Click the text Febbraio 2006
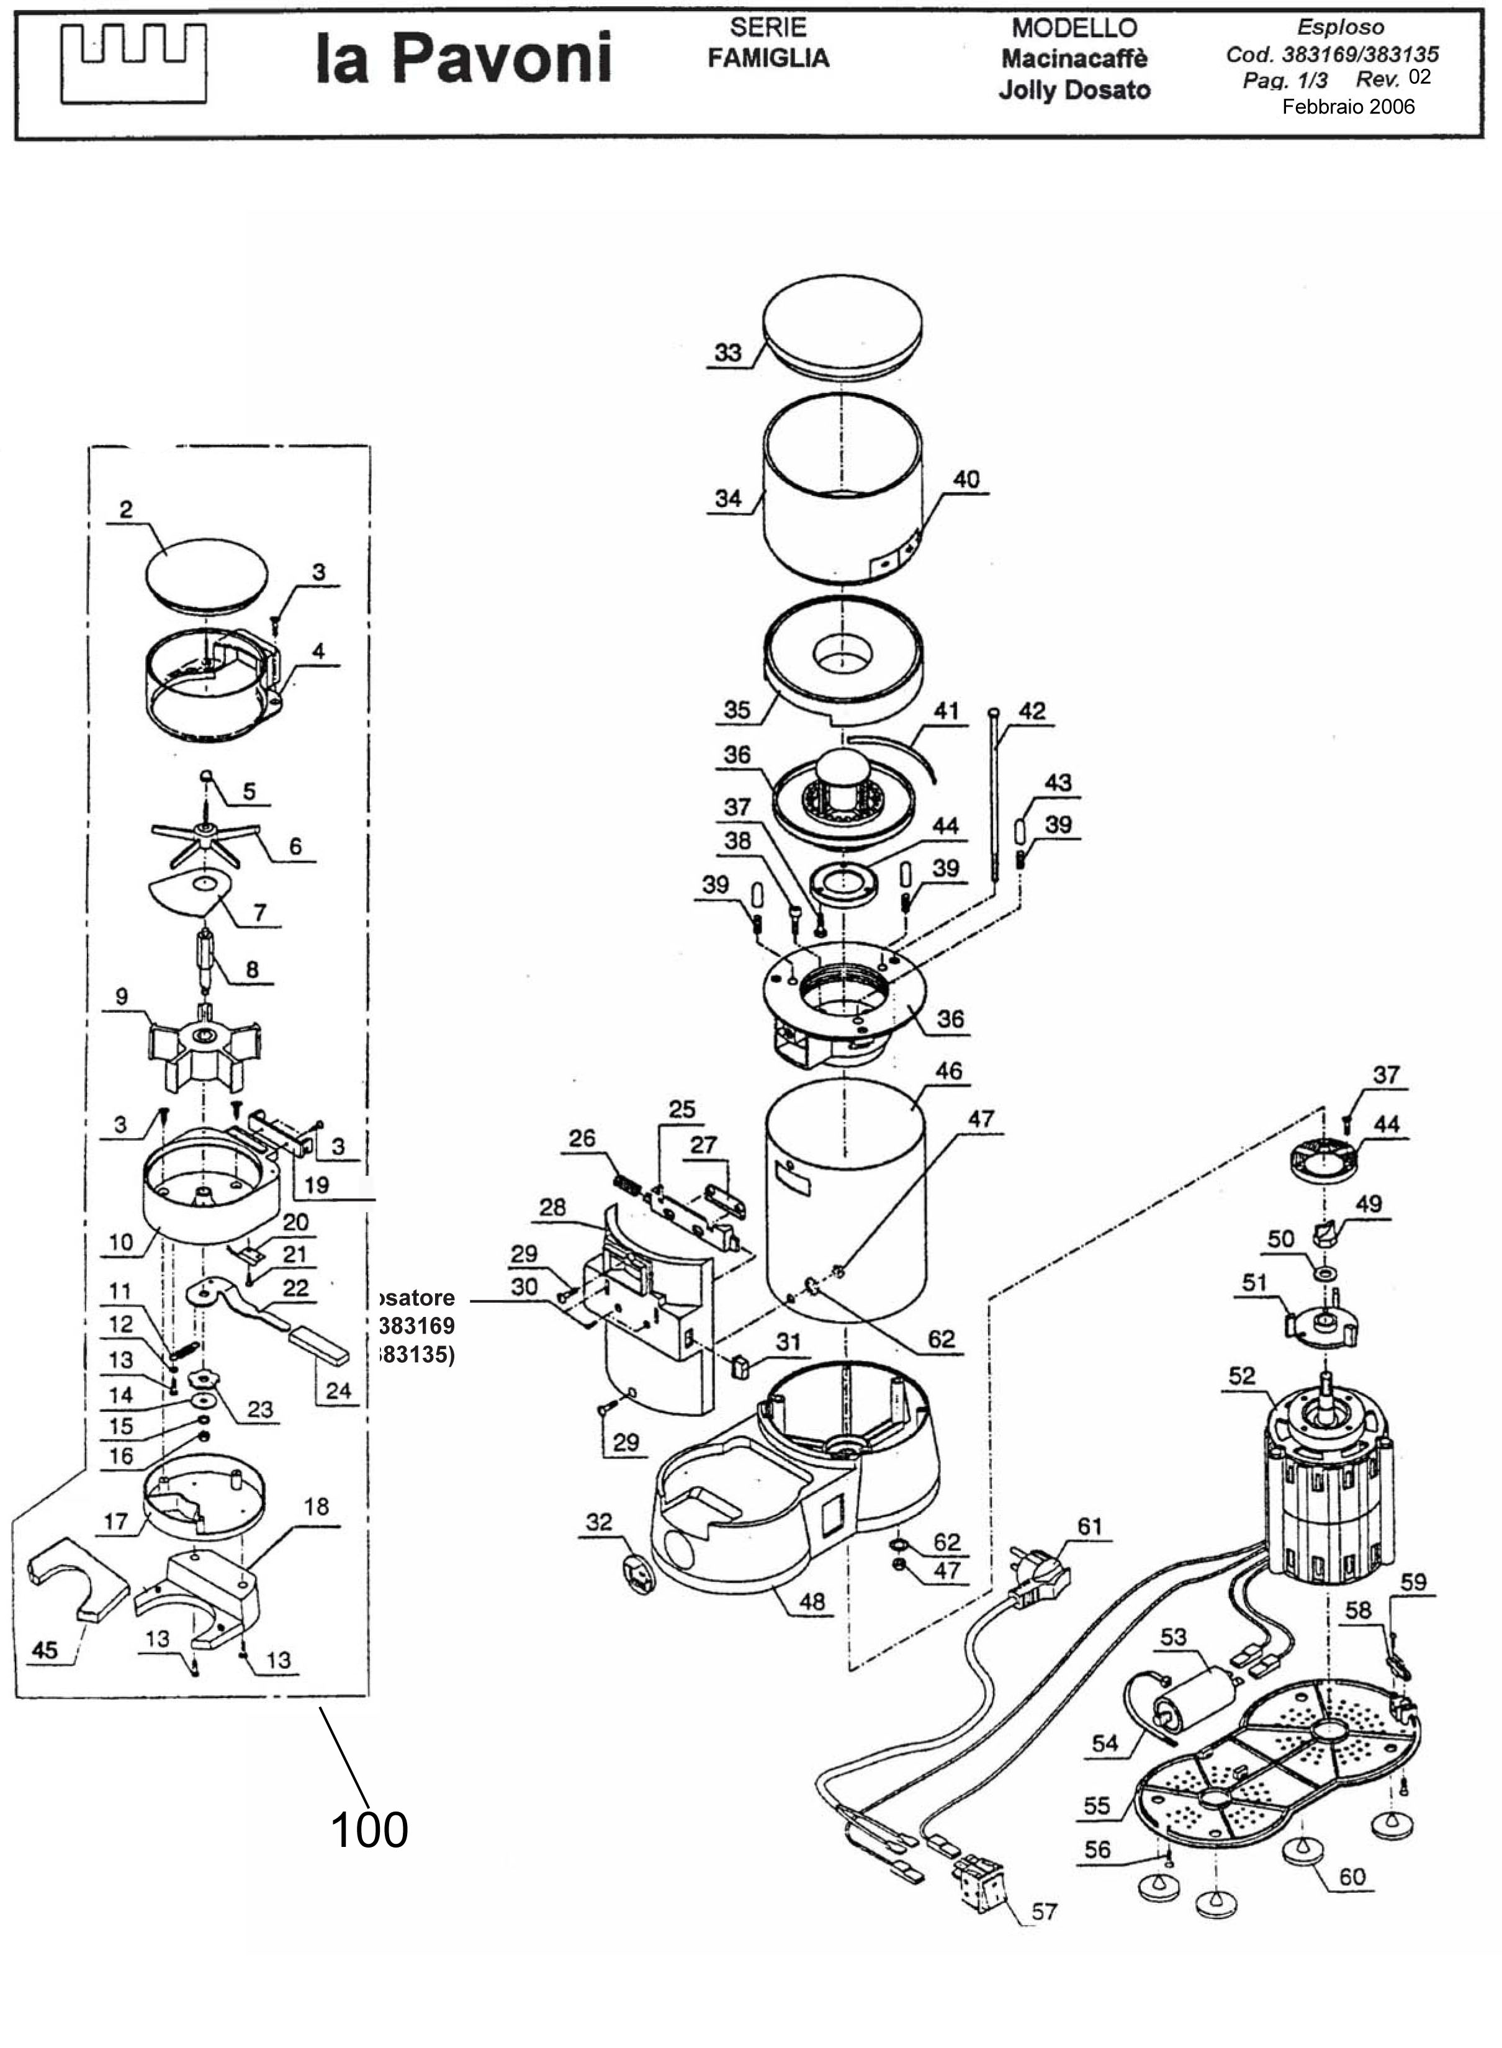1347,107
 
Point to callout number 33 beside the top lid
727,353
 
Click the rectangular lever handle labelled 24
319,1344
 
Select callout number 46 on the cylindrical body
948,1071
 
